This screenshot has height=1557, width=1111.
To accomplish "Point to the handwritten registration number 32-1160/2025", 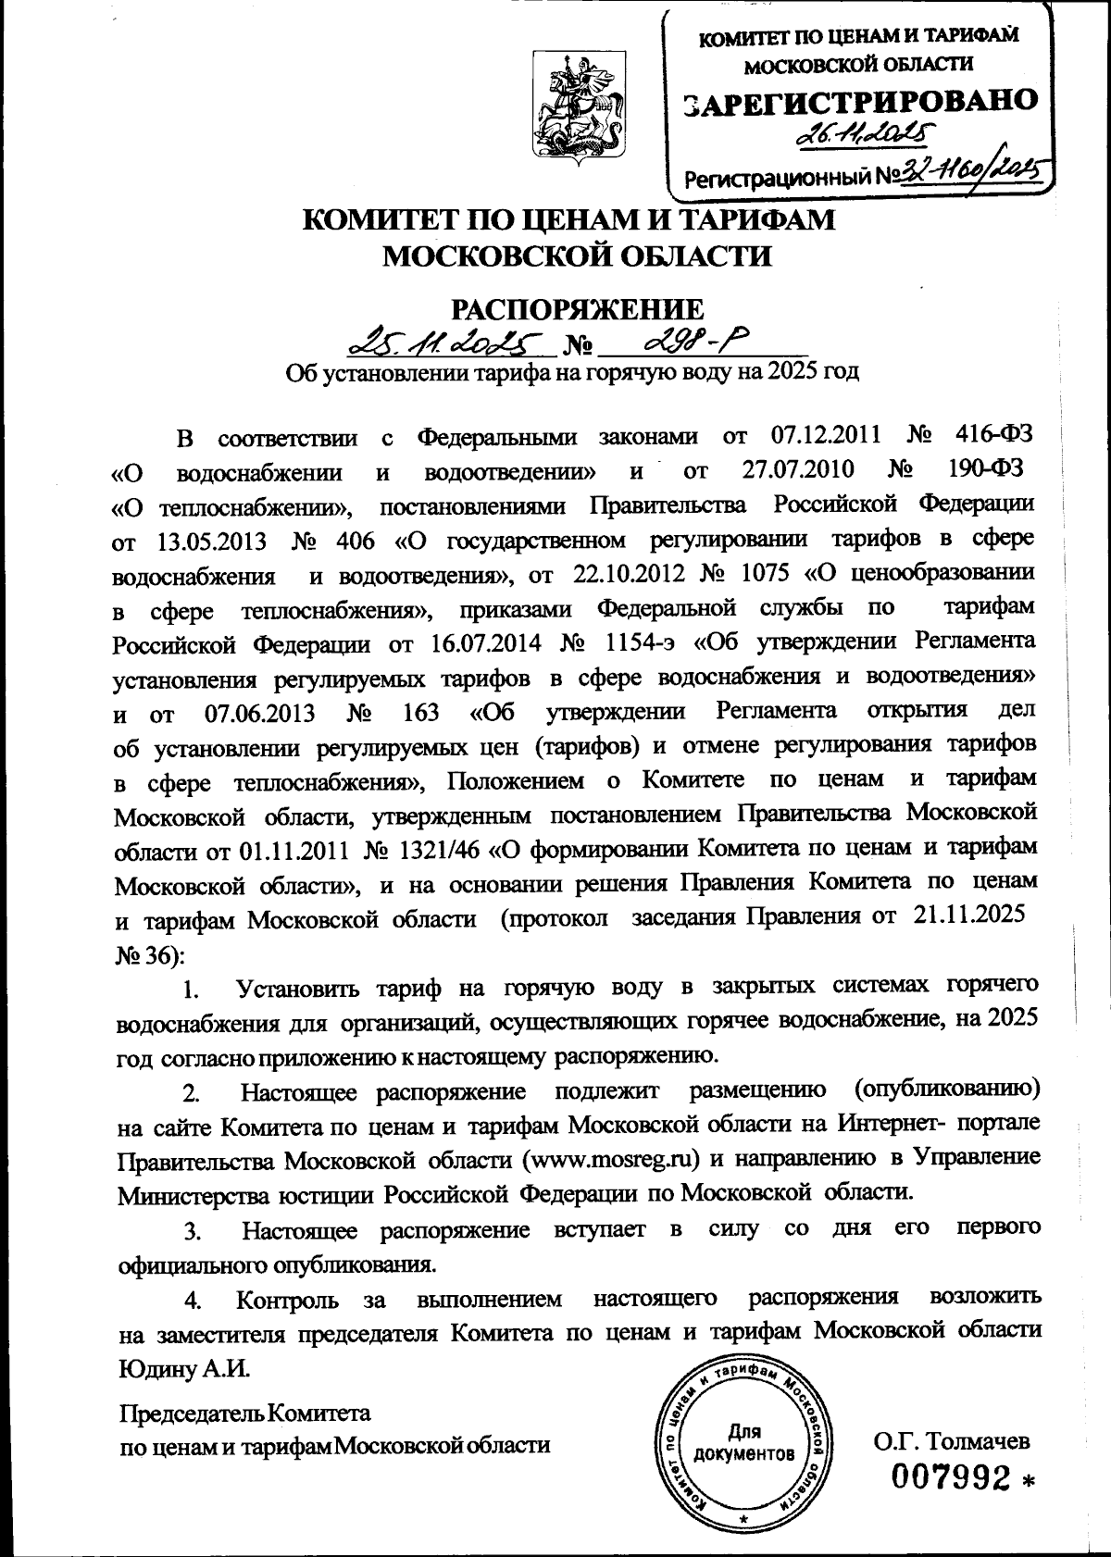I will point(957,173).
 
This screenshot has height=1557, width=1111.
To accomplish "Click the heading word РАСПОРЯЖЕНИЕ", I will point(576,309).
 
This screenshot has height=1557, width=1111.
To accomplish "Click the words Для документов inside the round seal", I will point(746,1443).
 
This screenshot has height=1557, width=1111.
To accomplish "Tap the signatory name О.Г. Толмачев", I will point(952,1440).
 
